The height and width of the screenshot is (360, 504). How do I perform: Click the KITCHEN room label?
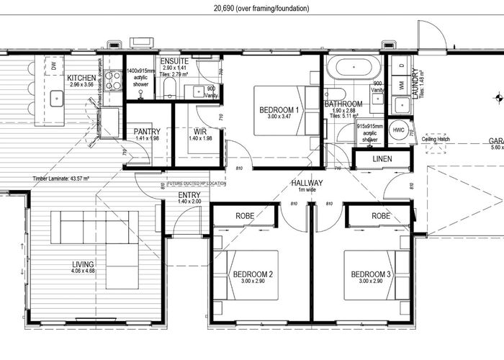click(x=82, y=78)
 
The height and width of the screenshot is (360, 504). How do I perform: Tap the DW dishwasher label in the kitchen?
click(x=53, y=67)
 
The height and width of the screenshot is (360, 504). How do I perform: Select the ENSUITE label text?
click(x=174, y=61)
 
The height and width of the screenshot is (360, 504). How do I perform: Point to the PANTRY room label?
click(x=147, y=132)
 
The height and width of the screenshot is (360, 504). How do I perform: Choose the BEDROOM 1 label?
click(x=279, y=109)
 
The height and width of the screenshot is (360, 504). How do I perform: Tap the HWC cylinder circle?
click(x=400, y=130)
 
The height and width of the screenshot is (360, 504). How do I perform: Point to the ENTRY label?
click(x=189, y=194)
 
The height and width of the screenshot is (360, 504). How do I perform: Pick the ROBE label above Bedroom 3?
click(x=381, y=216)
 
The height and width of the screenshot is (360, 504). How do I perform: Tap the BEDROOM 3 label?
click(x=371, y=274)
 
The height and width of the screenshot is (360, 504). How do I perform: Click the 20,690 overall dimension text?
click(x=262, y=9)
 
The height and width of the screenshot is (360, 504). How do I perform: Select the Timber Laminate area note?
click(x=60, y=179)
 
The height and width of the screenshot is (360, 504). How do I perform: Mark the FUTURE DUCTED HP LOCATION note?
click(x=197, y=184)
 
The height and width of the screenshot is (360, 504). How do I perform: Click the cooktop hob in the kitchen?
click(x=113, y=79)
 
